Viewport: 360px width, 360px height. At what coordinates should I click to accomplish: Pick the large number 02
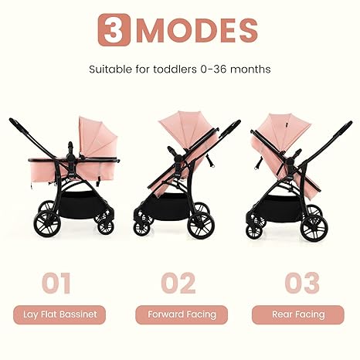[178, 282]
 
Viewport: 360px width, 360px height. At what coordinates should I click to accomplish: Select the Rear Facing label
[299, 314]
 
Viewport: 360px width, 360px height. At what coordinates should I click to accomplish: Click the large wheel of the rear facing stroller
[313, 227]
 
